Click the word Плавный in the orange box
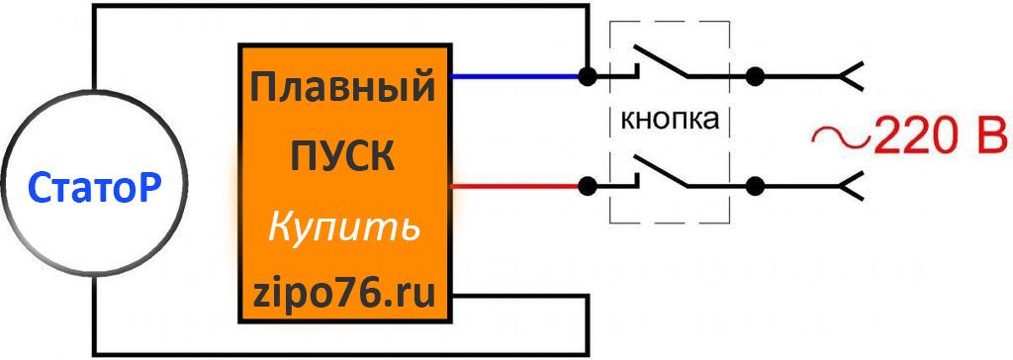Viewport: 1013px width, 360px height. (342, 88)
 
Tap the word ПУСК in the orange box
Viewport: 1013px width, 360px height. (342, 155)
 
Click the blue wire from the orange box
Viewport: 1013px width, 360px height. (514, 75)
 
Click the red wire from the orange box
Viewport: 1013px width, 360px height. (514, 184)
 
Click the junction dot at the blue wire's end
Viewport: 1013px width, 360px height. (588, 75)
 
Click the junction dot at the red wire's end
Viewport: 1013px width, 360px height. (588, 184)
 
